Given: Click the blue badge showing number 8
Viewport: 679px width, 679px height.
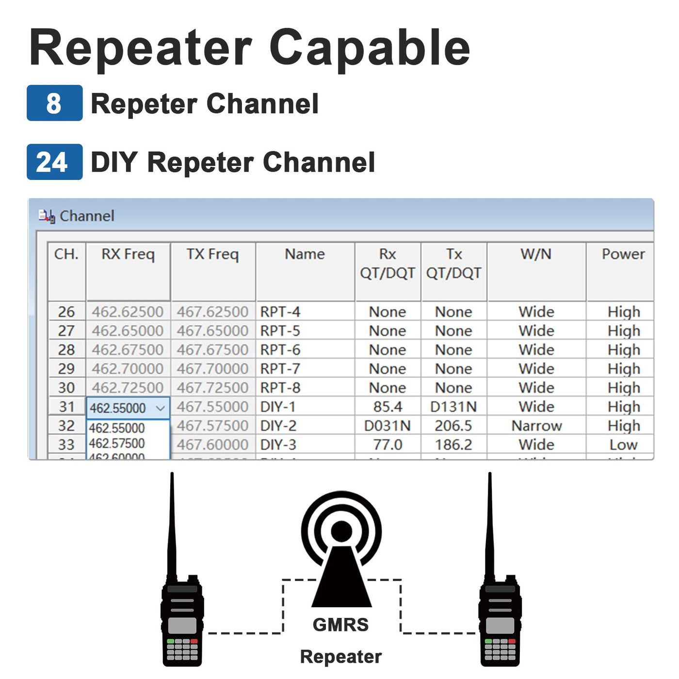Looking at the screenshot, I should tap(54, 103).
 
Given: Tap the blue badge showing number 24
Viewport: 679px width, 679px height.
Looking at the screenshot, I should tap(54, 162).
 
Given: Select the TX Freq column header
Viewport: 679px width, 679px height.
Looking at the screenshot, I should tap(212, 254).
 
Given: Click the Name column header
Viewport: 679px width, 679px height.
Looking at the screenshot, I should tap(305, 254).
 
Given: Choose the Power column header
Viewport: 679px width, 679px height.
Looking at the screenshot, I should tap(623, 254).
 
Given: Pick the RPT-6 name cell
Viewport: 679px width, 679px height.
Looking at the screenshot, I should tap(280, 350).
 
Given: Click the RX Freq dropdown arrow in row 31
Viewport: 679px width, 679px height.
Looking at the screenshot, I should tap(161, 408).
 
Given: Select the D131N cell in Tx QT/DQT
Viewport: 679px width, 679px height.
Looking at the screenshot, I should tap(453, 407).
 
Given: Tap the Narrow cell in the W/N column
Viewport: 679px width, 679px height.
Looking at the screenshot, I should tap(536, 426).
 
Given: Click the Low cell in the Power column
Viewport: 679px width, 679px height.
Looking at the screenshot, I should tap(623, 445).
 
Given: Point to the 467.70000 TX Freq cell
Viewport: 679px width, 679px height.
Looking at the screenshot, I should tap(212, 369).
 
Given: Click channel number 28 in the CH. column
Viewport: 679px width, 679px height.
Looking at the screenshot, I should tap(66, 350).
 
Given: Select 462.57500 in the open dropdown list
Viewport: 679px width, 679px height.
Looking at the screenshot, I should tap(117, 443).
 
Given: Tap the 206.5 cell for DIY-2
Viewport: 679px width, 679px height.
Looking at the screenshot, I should tap(453, 426).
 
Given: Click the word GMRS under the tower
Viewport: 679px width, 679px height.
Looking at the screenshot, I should tap(340, 625).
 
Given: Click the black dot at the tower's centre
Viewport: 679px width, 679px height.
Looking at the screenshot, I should tap(341, 531).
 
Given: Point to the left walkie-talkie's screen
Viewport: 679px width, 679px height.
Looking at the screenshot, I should tap(182, 626).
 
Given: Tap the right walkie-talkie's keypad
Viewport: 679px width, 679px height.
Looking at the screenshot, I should tap(500, 649).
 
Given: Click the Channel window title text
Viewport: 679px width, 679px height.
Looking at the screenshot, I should tap(87, 216).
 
